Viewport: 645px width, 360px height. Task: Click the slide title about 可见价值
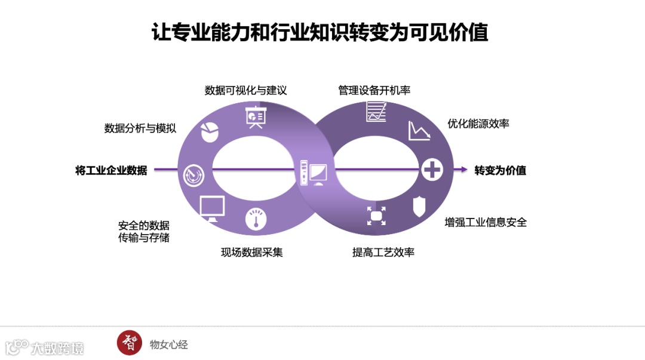tap(321, 32)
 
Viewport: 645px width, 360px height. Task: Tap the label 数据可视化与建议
tap(245, 90)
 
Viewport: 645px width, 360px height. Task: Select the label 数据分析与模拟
tap(140, 128)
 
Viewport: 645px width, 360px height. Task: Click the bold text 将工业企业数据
tap(111, 170)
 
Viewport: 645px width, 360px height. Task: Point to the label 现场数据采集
tap(251, 252)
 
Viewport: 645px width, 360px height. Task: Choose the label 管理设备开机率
tap(374, 90)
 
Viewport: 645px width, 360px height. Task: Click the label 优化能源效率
tap(478, 124)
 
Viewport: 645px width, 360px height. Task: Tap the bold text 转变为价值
tap(500, 170)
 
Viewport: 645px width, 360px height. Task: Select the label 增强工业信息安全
tap(486, 222)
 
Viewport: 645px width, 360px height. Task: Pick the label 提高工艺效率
tap(383, 252)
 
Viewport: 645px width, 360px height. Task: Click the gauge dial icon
tap(256, 218)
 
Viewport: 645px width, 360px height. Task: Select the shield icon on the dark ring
tap(419, 206)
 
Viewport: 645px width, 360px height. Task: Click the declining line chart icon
tap(419, 131)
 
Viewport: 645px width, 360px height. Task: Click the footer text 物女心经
tap(168, 344)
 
